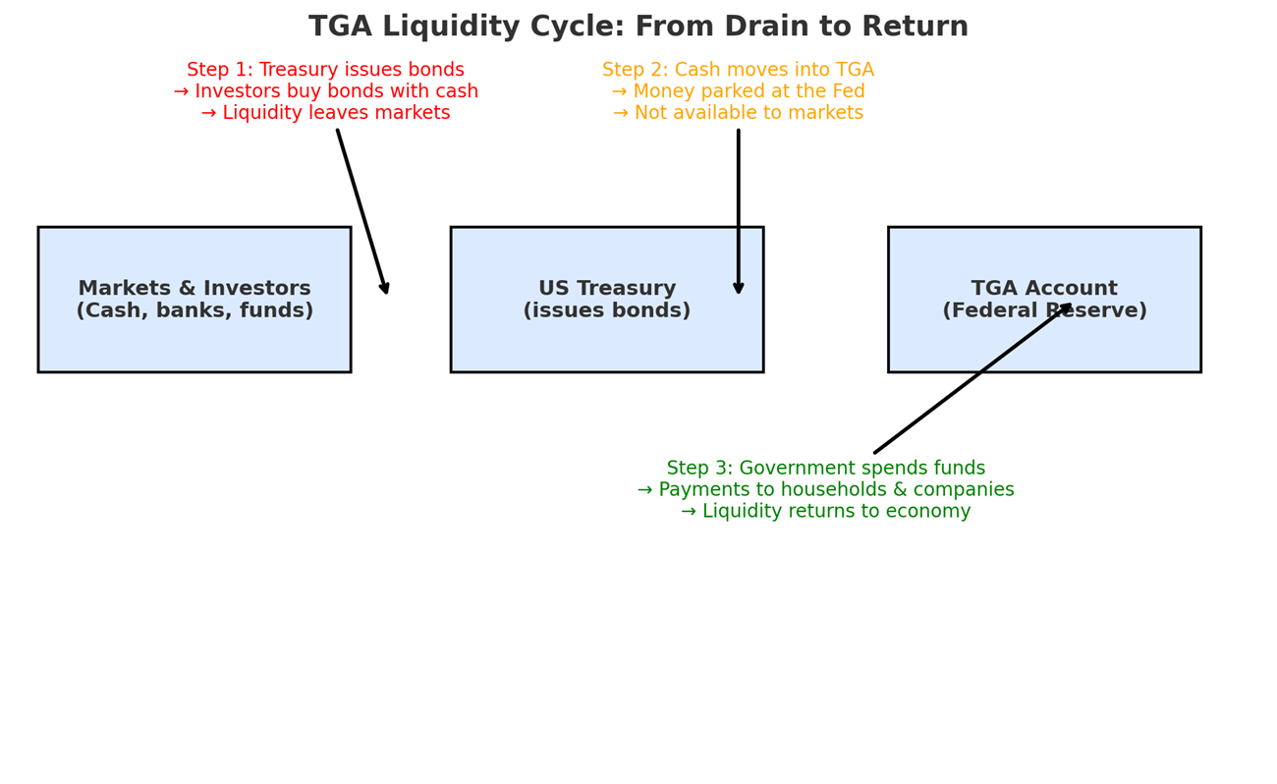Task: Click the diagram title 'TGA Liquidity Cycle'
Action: tap(638, 28)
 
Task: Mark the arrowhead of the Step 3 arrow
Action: tap(1068, 307)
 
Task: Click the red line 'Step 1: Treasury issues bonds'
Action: tap(325, 71)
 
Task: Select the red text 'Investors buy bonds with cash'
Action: tap(335, 92)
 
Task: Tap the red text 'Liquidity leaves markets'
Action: tap(335, 114)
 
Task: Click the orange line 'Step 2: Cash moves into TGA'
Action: tap(738, 71)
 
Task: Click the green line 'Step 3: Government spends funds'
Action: tap(825, 469)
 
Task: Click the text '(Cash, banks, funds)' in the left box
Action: tap(194, 311)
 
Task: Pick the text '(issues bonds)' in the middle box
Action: tap(606, 311)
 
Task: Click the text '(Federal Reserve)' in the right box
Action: tap(1043, 311)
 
